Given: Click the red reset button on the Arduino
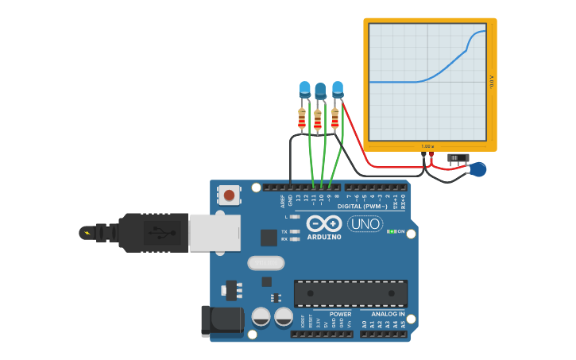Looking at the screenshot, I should (x=230, y=195).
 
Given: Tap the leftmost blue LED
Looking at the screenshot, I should (x=304, y=89).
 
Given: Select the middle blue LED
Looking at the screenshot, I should (x=320, y=91).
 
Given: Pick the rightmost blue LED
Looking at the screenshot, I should (x=338, y=88).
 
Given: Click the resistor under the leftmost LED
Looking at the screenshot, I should (x=302, y=119).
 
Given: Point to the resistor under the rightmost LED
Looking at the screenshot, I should (x=335, y=118).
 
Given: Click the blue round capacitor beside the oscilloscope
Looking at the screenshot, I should (x=477, y=169).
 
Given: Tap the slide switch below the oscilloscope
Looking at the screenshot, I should (x=458, y=158).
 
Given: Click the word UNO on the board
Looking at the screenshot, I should (x=365, y=224).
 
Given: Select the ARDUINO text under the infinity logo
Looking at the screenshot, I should (x=323, y=237).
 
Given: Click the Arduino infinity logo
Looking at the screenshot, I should (x=323, y=223).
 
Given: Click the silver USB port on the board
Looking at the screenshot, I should (x=215, y=233).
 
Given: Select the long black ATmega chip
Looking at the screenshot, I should (x=350, y=293).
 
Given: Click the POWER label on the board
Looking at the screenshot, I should (x=340, y=314).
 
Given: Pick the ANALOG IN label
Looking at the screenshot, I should (x=388, y=314).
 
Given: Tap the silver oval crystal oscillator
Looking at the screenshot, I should (x=265, y=263).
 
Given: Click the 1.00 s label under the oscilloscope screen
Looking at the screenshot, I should (x=427, y=146).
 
